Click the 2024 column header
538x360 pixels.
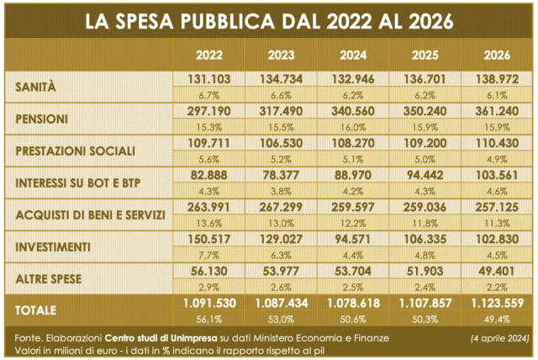click(x=353, y=56)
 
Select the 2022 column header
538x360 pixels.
click(x=209, y=56)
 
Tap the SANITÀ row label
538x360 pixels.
click(x=35, y=87)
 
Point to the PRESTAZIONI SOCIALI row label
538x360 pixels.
click(x=75, y=151)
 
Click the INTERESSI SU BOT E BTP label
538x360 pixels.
click(x=78, y=183)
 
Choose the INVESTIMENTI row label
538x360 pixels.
click(x=53, y=247)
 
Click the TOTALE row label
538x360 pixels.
click(x=35, y=310)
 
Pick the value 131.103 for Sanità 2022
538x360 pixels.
click(x=209, y=79)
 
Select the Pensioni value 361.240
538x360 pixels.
click(x=497, y=111)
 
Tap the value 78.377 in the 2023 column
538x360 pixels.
click(x=281, y=175)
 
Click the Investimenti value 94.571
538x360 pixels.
click(x=353, y=239)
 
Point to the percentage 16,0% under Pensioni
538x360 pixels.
click(x=353, y=128)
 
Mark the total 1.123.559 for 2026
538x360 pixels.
click(x=497, y=303)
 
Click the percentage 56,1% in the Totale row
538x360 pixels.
click(x=209, y=320)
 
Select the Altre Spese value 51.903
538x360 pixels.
click(x=425, y=271)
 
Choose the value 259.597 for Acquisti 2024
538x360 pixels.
click(x=353, y=207)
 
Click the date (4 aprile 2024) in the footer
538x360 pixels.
click(x=499, y=338)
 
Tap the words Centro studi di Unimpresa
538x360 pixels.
click(x=161, y=338)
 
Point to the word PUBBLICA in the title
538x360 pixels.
click(x=228, y=21)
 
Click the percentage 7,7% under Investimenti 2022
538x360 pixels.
click(x=209, y=256)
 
